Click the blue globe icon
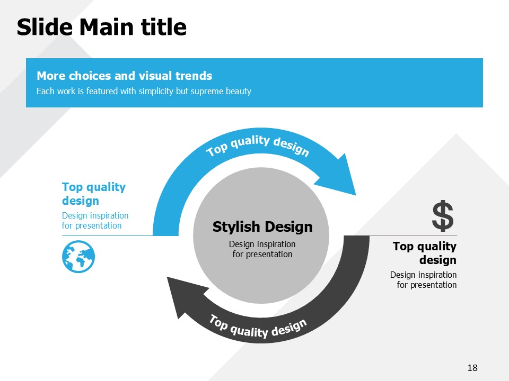[x=78, y=257]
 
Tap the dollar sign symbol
[x=443, y=216]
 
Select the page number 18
[x=472, y=368]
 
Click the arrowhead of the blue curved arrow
[x=341, y=177]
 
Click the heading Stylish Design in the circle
[x=262, y=227]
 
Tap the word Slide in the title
[x=45, y=27]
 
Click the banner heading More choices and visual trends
[x=124, y=76]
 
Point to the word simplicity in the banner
[x=156, y=92]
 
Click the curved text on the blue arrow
[x=258, y=145]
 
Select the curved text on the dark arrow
[x=258, y=326]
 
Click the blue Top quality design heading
[x=94, y=194]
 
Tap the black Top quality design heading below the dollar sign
[x=425, y=253]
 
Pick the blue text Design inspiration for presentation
[x=95, y=221]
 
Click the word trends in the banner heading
[x=194, y=76]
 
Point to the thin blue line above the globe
[x=107, y=235]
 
